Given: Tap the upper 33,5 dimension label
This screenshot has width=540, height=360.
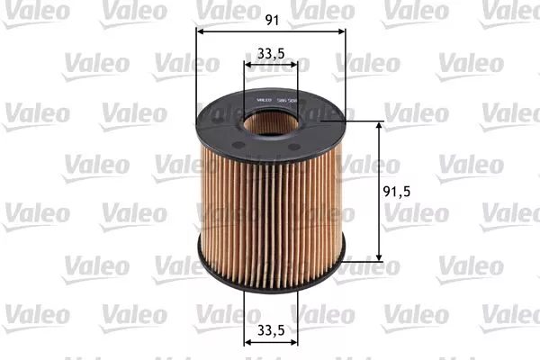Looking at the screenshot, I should pyautogui.click(x=271, y=54).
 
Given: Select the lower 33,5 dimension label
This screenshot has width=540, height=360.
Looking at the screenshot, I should pyautogui.click(x=271, y=328).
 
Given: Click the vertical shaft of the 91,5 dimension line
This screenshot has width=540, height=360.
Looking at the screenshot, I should pyautogui.click(x=379, y=162).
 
